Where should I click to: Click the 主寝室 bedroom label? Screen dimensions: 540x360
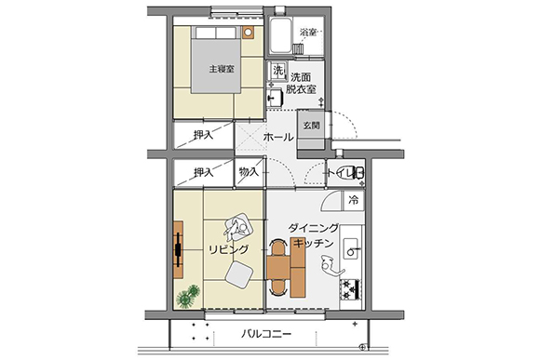tap(222, 69)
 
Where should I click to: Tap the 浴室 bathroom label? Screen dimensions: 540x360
tap(308, 33)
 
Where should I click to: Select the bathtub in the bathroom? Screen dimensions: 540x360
tap(280, 35)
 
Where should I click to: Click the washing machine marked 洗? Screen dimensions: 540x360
tap(277, 71)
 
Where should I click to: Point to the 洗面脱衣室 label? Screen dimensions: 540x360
tap(301, 83)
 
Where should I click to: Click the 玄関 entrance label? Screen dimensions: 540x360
tap(311, 126)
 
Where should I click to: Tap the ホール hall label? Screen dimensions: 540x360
tap(278, 138)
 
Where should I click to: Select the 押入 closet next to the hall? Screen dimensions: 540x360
tap(204, 135)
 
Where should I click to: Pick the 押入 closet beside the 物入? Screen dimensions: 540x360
tap(204, 172)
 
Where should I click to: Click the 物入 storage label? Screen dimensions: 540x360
tap(249, 171)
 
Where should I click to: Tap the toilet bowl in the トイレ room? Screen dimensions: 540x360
tap(358, 172)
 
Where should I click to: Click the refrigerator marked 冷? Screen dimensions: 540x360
tap(354, 200)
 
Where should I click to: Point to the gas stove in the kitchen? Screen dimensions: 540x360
tap(351, 289)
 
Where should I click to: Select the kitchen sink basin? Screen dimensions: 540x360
tap(351, 248)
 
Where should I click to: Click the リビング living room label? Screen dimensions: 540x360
tap(229, 249)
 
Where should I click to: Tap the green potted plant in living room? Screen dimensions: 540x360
tap(188, 296)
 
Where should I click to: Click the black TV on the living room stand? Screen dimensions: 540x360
tap(178, 250)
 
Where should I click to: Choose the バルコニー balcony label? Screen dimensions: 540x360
tap(266, 334)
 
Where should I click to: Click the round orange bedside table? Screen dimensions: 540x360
tap(248, 33)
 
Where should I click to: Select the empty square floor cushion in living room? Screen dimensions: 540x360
tap(239, 274)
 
